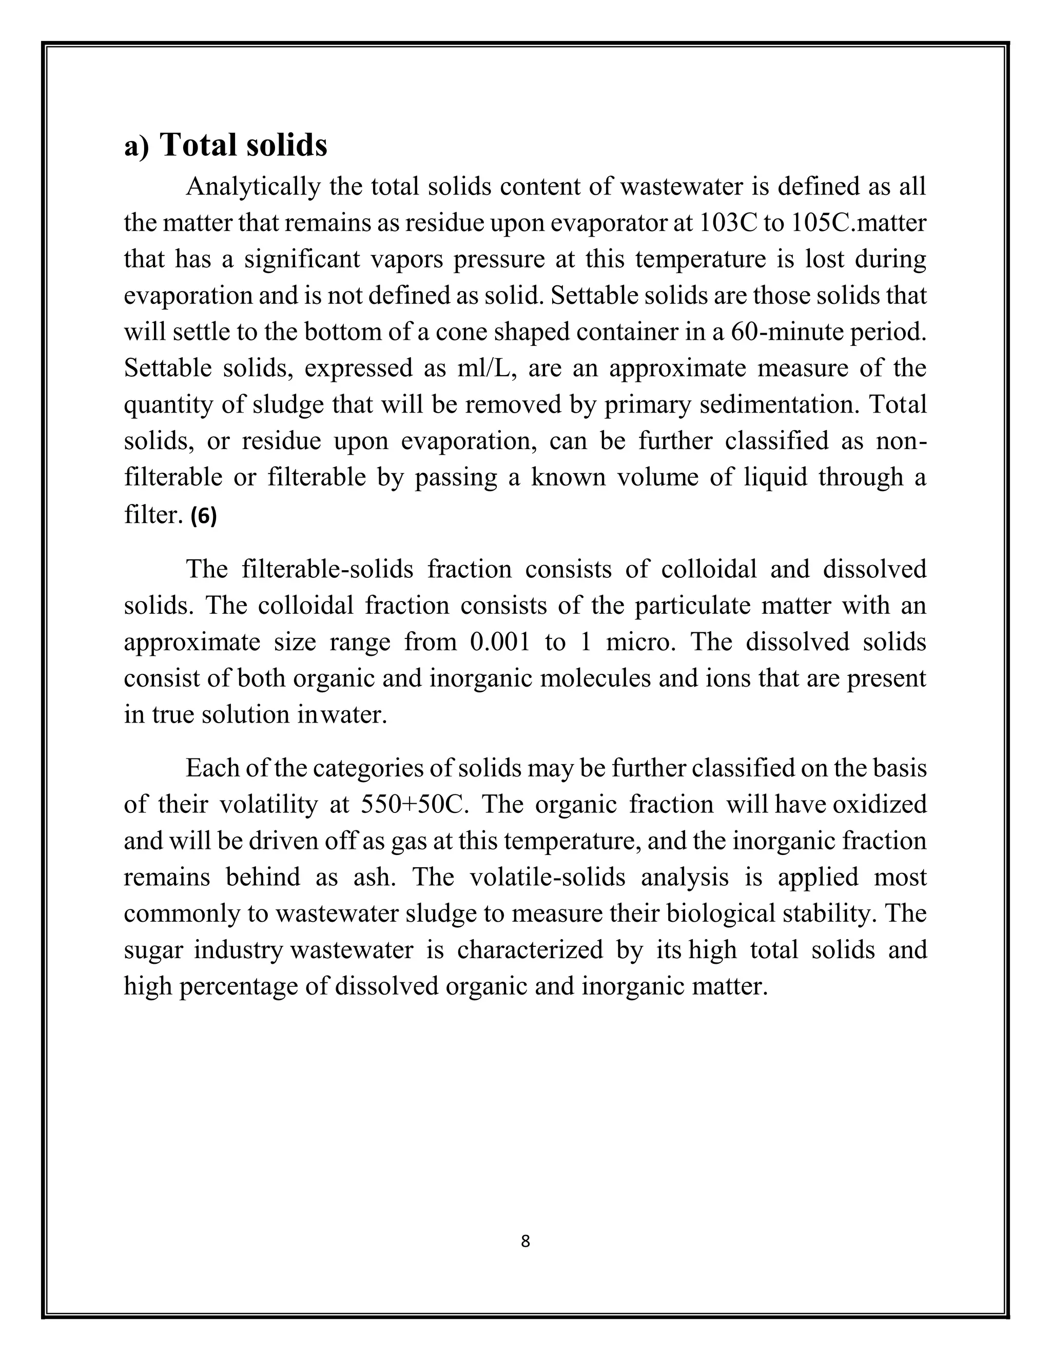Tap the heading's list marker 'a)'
(x=137, y=147)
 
